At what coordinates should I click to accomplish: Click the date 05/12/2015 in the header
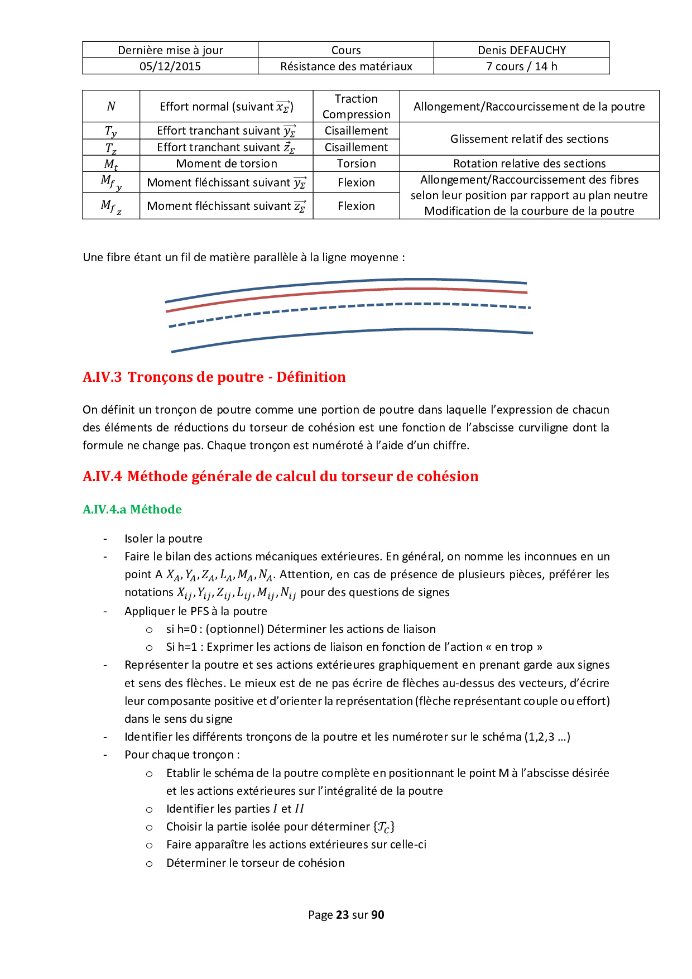(x=170, y=66)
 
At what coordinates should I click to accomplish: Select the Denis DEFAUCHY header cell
(x=521, y=50)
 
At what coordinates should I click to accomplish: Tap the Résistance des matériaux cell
(x=346, y=66)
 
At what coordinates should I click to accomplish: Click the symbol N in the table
(x=111, y=107)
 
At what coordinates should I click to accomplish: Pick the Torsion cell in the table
(x=356, y=164)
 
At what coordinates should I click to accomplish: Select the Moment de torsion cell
(x=226, y=164)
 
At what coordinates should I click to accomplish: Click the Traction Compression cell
(x=356, y=107)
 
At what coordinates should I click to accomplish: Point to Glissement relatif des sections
(x=529, y=139)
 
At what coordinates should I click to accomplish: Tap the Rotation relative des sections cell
(x=529, y=164)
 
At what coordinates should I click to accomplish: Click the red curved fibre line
(x=346, y=291)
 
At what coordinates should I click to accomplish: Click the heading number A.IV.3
(x=102, y=377)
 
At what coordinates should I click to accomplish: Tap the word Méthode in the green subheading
(x=156, y=510)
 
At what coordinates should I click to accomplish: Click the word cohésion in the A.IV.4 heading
(x=448, y=477)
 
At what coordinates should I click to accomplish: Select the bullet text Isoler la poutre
(x=163, y=539)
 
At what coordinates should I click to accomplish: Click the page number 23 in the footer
(x=342, y=915)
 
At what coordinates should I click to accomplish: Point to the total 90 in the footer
(x=378, y=915)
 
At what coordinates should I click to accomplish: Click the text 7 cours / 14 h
(x=521, y=66)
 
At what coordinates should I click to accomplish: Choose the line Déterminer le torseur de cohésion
(x=255, y=863)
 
